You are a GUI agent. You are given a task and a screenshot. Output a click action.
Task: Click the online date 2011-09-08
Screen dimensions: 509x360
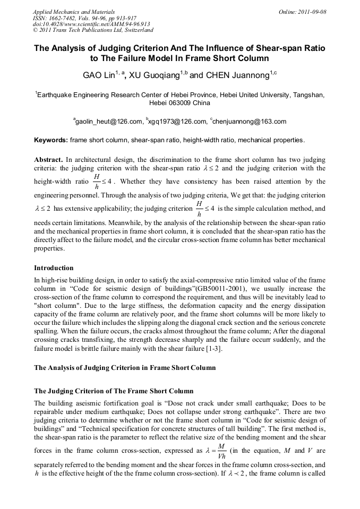tap(311, 11)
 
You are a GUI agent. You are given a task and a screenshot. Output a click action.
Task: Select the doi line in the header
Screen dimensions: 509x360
tap(91, 24)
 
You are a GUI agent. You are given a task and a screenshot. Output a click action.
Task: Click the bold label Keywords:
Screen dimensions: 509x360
tap(51, 141)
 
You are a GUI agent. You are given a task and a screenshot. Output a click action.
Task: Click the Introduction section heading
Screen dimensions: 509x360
tap(54, 268)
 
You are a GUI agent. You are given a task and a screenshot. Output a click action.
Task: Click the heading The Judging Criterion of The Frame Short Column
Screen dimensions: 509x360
tap(106, 391)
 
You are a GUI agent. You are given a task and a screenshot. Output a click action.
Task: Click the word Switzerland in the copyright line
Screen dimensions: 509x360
tap(134, 30)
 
